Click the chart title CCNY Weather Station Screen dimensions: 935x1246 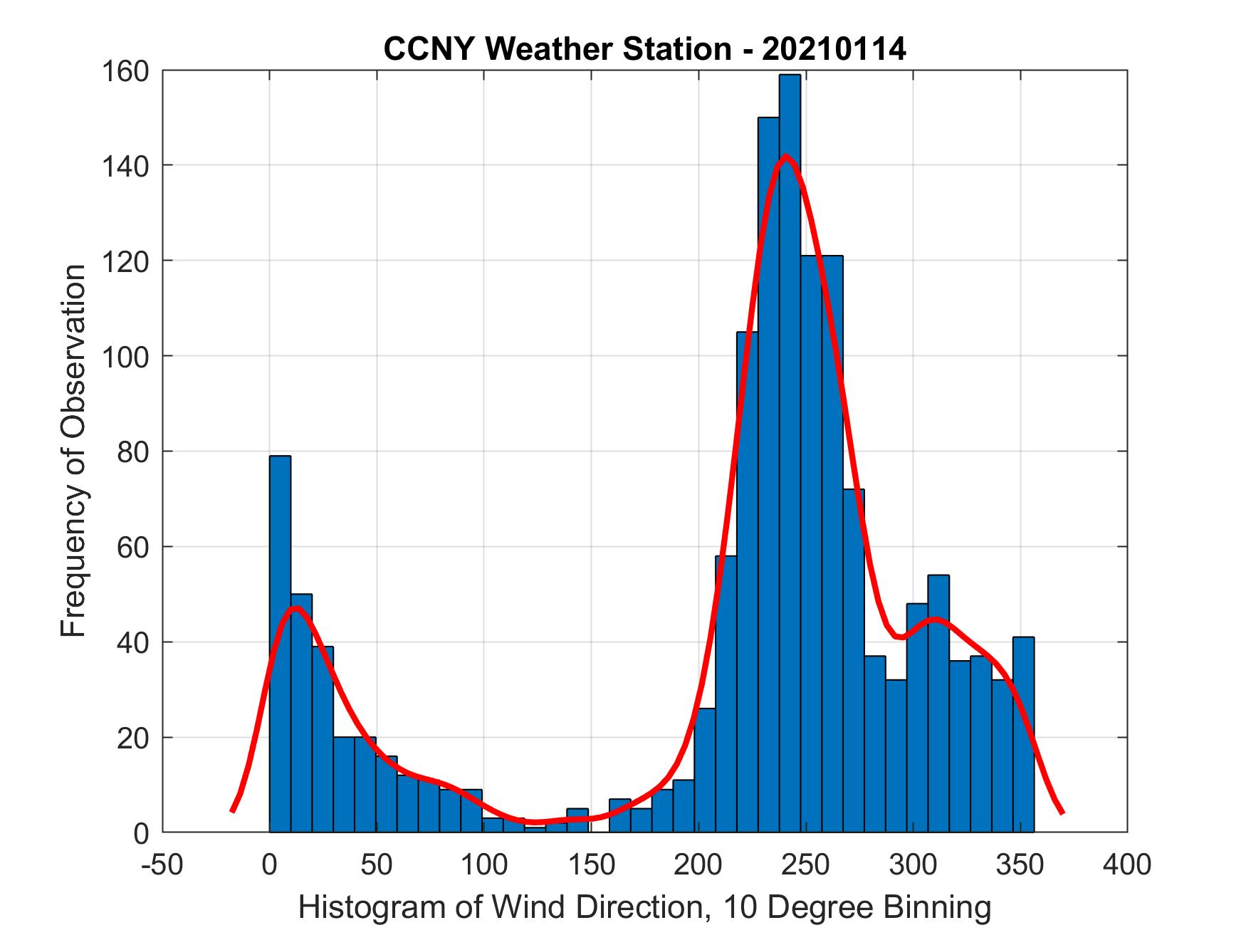click(x=556, y=49)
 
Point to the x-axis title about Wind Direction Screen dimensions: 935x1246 click(x=644, y=907)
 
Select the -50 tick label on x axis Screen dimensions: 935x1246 click(x=163, y=865)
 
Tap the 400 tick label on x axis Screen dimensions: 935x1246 click(x=1127, y=865)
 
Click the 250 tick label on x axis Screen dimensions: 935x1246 click(x=805, y=865)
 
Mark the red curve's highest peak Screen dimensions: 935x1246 click(x=785, y=156)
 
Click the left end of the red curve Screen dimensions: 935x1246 click(x=232, y=810)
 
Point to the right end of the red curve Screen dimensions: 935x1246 click(x=1062, y=812)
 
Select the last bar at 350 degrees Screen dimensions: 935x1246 click(x=1023, y=734)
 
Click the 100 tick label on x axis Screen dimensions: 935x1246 click(x=483, y=865)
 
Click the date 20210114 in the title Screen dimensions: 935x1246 click(x=834, y=49)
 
